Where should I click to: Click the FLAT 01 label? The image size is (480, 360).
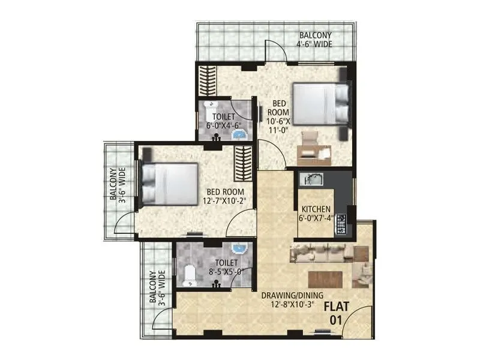[335, 313]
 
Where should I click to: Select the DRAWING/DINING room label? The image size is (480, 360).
[292, 299]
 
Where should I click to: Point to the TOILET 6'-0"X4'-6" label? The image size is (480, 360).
[223, 122]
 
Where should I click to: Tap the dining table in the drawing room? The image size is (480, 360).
[325, 280]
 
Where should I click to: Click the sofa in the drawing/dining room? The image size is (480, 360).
[324, 254]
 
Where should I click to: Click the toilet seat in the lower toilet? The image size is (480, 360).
[190, 273]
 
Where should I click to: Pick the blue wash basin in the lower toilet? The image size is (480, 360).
[238, 249]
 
